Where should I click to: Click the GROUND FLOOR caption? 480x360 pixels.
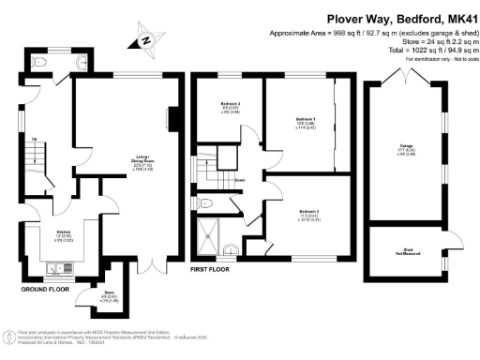[43, 290]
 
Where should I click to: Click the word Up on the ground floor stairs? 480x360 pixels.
[36, 141]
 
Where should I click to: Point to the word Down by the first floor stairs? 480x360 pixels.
[240, 180]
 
